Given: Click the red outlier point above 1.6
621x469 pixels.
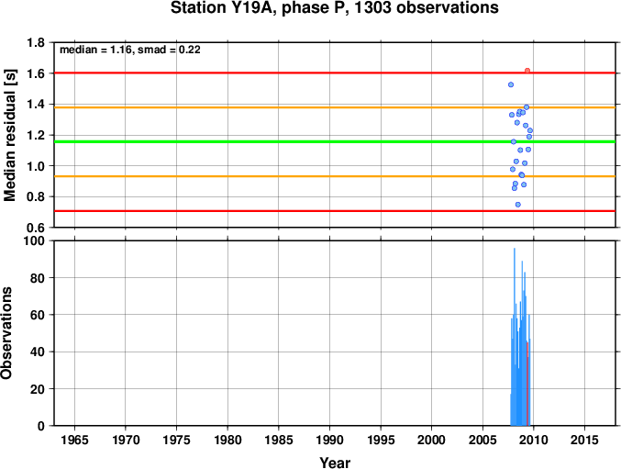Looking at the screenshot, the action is click(527, 71).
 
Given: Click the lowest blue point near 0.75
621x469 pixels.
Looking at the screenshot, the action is click(517, 205).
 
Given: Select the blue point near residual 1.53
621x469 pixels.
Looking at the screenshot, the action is click(511, 84).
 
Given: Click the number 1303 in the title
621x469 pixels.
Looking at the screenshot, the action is click(371, 8).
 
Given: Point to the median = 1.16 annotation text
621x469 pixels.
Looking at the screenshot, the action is click(95, 50).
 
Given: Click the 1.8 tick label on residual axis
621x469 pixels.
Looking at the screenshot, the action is click(36, 42).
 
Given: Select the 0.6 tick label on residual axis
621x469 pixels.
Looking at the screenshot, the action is click(36, 228).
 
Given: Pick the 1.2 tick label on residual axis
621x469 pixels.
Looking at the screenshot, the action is click(36, 135).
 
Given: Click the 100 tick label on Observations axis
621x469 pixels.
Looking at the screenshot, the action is click(34, 240).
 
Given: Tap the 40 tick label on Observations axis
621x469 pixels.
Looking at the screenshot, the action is click(38, 352).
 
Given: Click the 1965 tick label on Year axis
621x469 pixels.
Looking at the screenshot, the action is click(75, 440).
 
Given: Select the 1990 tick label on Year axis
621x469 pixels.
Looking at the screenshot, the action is click(329, 440).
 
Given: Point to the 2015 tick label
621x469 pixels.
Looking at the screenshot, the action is click(584, 440).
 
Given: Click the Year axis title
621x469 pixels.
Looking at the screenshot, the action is click(335, 463).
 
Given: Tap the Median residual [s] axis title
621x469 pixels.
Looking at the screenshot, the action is click(9, 135).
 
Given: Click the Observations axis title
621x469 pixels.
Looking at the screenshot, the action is click(6, 333).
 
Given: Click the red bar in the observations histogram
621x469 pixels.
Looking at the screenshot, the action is click(527, 384).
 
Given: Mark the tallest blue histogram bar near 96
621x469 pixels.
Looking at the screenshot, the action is click(515, 337).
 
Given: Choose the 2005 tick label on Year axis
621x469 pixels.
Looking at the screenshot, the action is click(482, 440).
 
